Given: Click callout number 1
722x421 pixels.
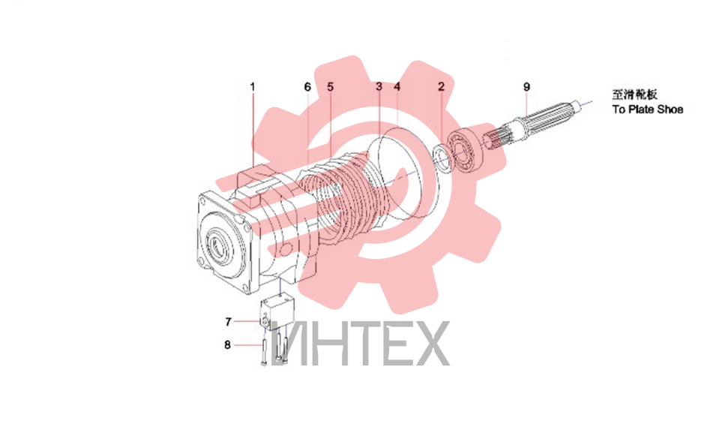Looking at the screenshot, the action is click(253, 87).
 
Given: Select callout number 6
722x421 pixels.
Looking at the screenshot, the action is click(307, 87).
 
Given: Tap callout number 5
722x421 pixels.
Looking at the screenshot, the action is click(330, 87).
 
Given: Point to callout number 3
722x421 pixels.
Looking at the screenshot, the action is click(379, 87).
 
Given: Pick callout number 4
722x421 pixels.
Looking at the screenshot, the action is click(397, 87).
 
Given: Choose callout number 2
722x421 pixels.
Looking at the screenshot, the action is click(441, 87).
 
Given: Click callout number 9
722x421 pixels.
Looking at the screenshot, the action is click(527, 87).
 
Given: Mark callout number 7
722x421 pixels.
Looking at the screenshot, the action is click(229, 321).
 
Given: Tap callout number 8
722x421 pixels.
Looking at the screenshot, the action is click(227, 344).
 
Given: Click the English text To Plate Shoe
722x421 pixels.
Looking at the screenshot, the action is click(648, 110).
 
